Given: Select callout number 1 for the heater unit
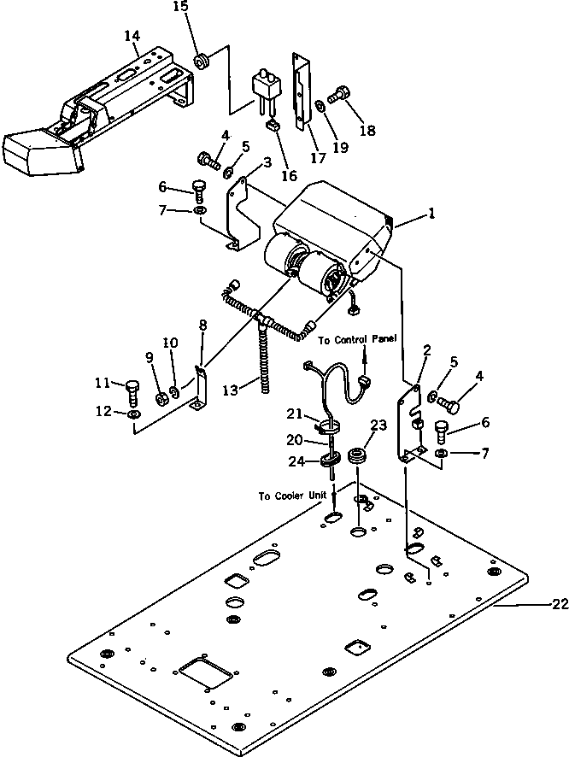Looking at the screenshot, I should (431, 214).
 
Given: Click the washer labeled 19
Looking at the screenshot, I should (318, 105).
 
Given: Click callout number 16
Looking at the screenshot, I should (289, 175).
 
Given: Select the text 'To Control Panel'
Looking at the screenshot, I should (357, 339).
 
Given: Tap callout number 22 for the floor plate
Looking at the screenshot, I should (560, 604).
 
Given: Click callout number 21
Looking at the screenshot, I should (293, 414).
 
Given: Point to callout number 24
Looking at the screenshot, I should (295, 462).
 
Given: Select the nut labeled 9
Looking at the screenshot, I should (159, 397).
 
